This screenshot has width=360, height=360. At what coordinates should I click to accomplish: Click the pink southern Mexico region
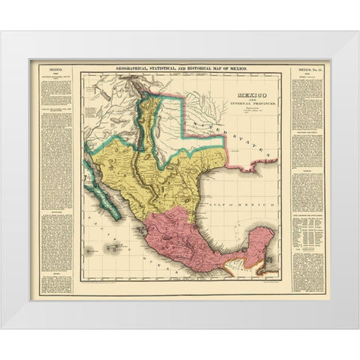click(x=187, y=240)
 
